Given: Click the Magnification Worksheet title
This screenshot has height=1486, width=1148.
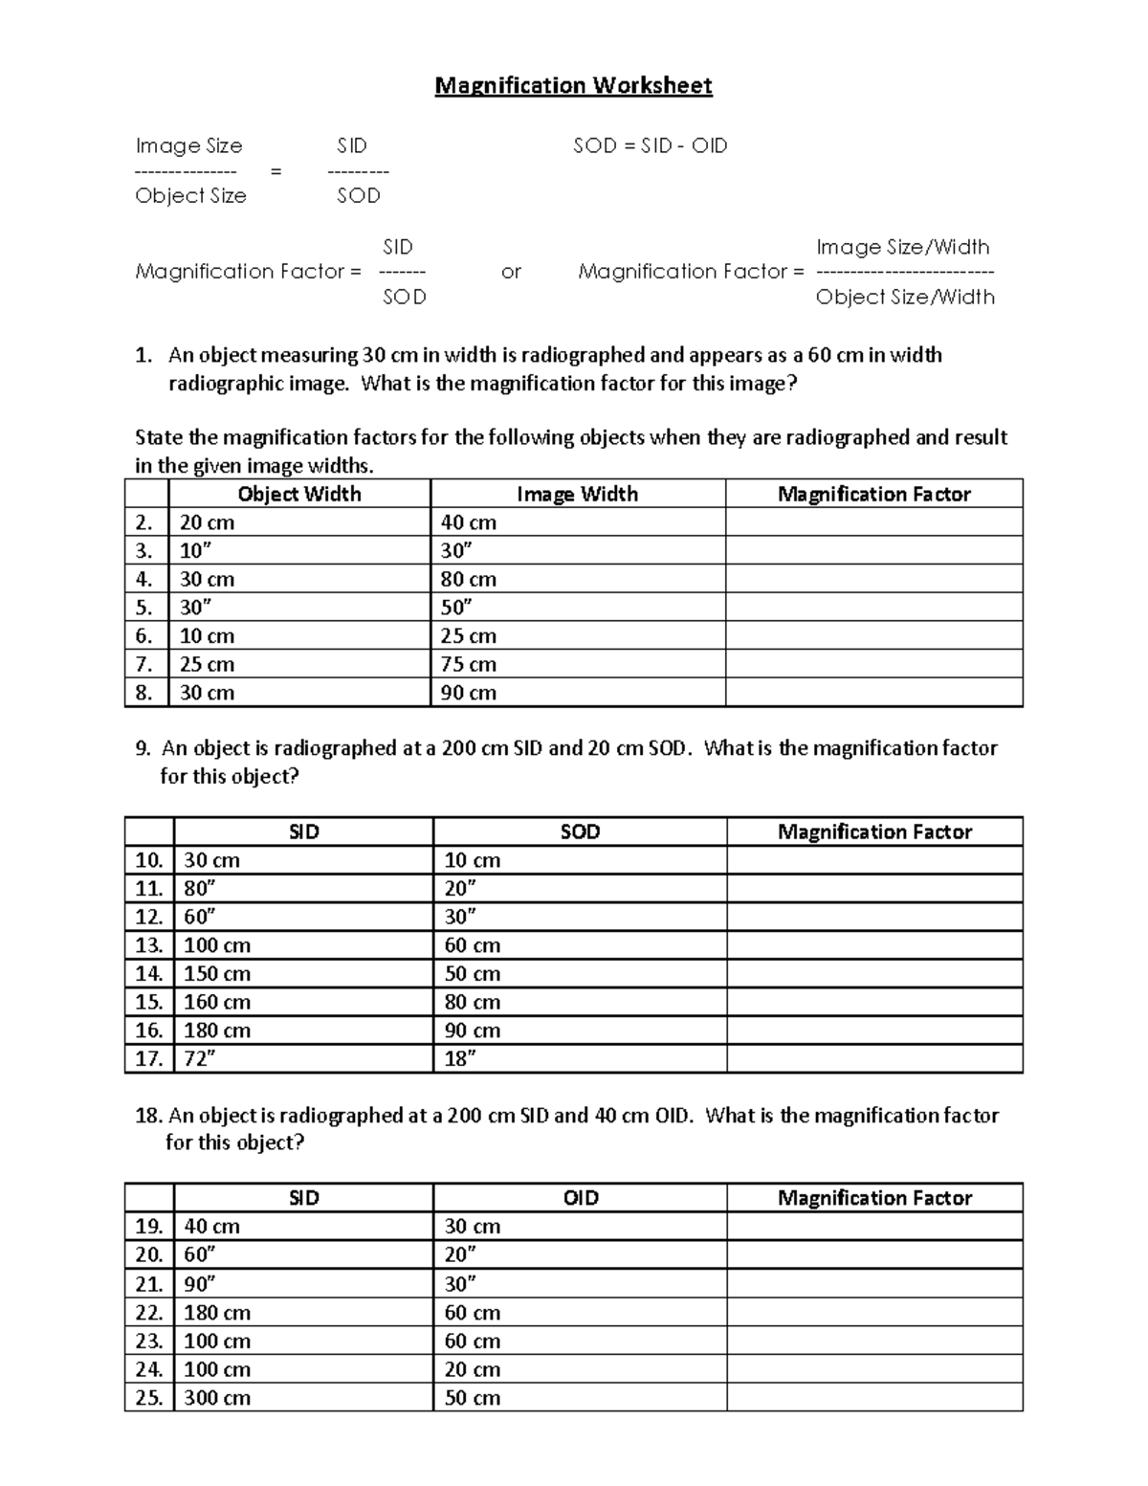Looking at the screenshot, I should click(573, 86).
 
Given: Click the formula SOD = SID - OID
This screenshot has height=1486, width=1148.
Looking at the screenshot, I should click(650, 145).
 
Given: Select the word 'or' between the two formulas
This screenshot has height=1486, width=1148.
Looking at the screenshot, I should click(511, 272).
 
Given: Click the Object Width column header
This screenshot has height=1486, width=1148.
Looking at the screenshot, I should click(298, 494).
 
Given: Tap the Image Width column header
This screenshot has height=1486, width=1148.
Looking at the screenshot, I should click(577, 494).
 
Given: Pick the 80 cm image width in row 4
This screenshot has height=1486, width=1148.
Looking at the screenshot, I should click(468, 579).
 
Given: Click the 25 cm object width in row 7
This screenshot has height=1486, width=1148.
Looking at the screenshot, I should click(207, 664).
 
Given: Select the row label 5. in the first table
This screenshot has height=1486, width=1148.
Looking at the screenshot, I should click(144, 608).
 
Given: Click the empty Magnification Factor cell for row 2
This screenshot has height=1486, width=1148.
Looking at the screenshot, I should click(873, 522).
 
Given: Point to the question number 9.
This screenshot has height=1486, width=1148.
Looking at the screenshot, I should click(143, 748).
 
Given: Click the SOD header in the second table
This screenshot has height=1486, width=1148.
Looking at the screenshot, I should click(580, 832).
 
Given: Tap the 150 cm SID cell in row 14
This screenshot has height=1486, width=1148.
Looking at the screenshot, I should click(217, 973).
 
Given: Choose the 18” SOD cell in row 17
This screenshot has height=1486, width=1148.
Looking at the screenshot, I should click(460, 1058).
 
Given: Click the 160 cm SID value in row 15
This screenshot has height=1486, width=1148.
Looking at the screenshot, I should click(217, 1002).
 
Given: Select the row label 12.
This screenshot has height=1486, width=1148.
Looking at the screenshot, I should click(149, 917).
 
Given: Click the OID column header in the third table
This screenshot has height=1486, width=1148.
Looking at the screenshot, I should click(580, 1198).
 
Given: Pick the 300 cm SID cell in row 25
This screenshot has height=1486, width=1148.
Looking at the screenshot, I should click(217, 1398).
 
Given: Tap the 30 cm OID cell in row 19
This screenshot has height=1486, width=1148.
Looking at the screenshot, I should click(472, 1227).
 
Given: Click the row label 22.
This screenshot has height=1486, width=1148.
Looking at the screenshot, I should click(149, 1312).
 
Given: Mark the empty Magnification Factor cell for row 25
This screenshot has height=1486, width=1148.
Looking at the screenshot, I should click(873, 1398).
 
